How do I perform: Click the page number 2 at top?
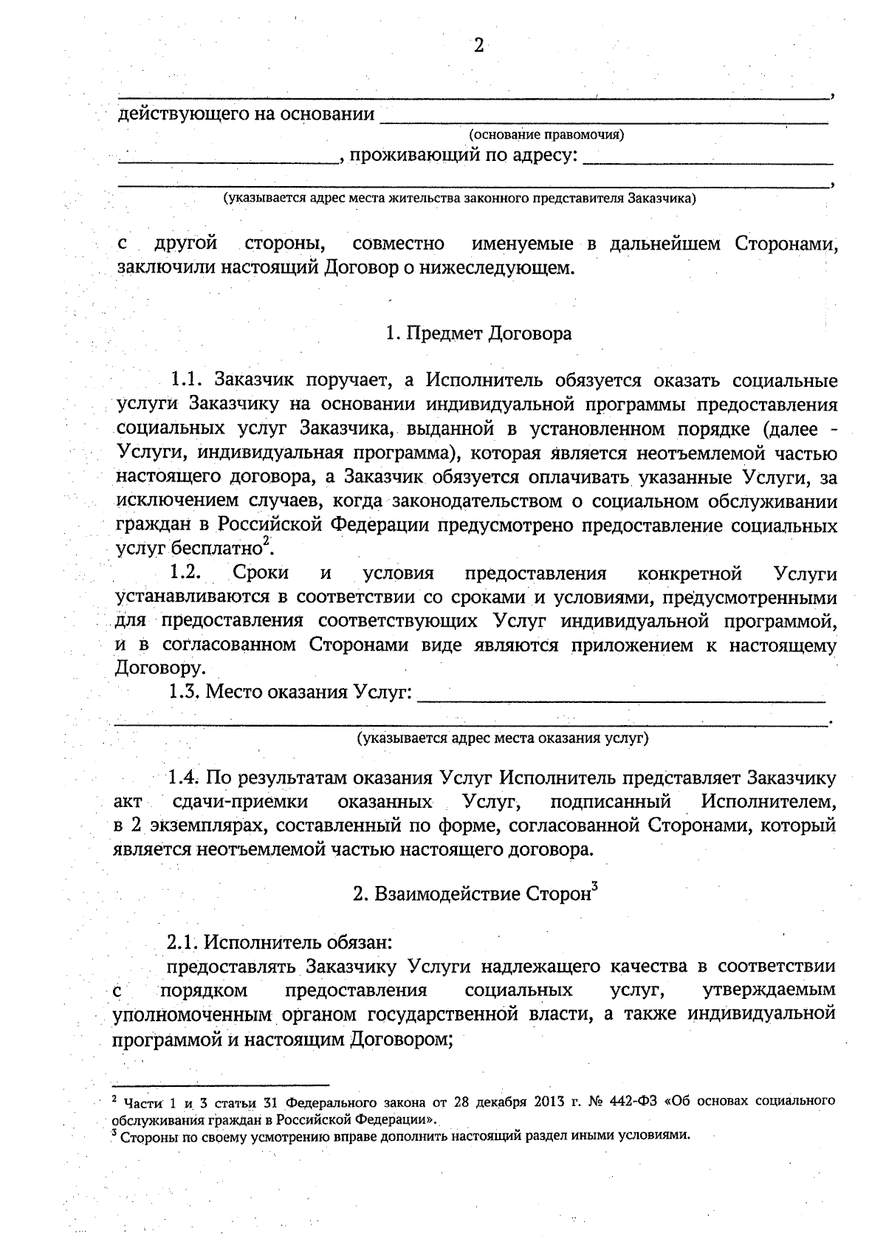[478, 46]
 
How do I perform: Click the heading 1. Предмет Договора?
[478, 334]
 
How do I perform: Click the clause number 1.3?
[184, 693]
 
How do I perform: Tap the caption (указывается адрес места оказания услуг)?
[503, 738]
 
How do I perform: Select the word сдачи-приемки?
[239, 802]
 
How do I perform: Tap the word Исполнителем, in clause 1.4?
[769, 802]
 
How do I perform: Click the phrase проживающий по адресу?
[462, 156]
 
